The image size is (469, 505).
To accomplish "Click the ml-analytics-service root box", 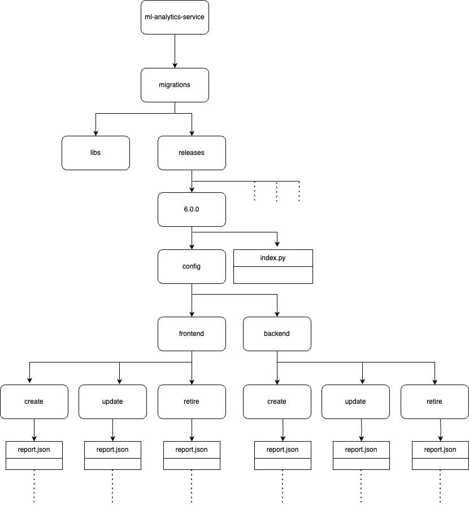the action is click(175, 17).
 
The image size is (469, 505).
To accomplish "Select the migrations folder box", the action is click(175, 85).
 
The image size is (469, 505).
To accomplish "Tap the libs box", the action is click(95, 153).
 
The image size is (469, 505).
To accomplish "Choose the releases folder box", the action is click(192, 153).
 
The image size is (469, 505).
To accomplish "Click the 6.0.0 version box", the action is click(192, 209).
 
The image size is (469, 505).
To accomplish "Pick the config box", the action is click(192, 266).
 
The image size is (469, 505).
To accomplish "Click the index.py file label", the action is click(273, 258).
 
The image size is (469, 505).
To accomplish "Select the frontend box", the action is click(192, 334).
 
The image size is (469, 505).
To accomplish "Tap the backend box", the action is click(277, 334).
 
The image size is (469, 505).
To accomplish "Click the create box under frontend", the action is click(34, 402).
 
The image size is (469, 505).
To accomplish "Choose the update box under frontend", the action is click(112, 402).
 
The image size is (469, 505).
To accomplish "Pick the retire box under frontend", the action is click(192, 402).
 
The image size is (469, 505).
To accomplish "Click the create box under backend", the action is click(277, 402).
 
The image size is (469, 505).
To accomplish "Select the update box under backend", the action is click(355, 402).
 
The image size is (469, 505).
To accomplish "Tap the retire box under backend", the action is click(435, 402).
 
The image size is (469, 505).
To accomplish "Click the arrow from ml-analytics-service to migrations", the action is click(175, 51).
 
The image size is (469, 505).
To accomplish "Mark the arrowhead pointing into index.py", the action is click(277, 244).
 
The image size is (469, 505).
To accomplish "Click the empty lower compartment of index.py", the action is click(273, 275).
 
